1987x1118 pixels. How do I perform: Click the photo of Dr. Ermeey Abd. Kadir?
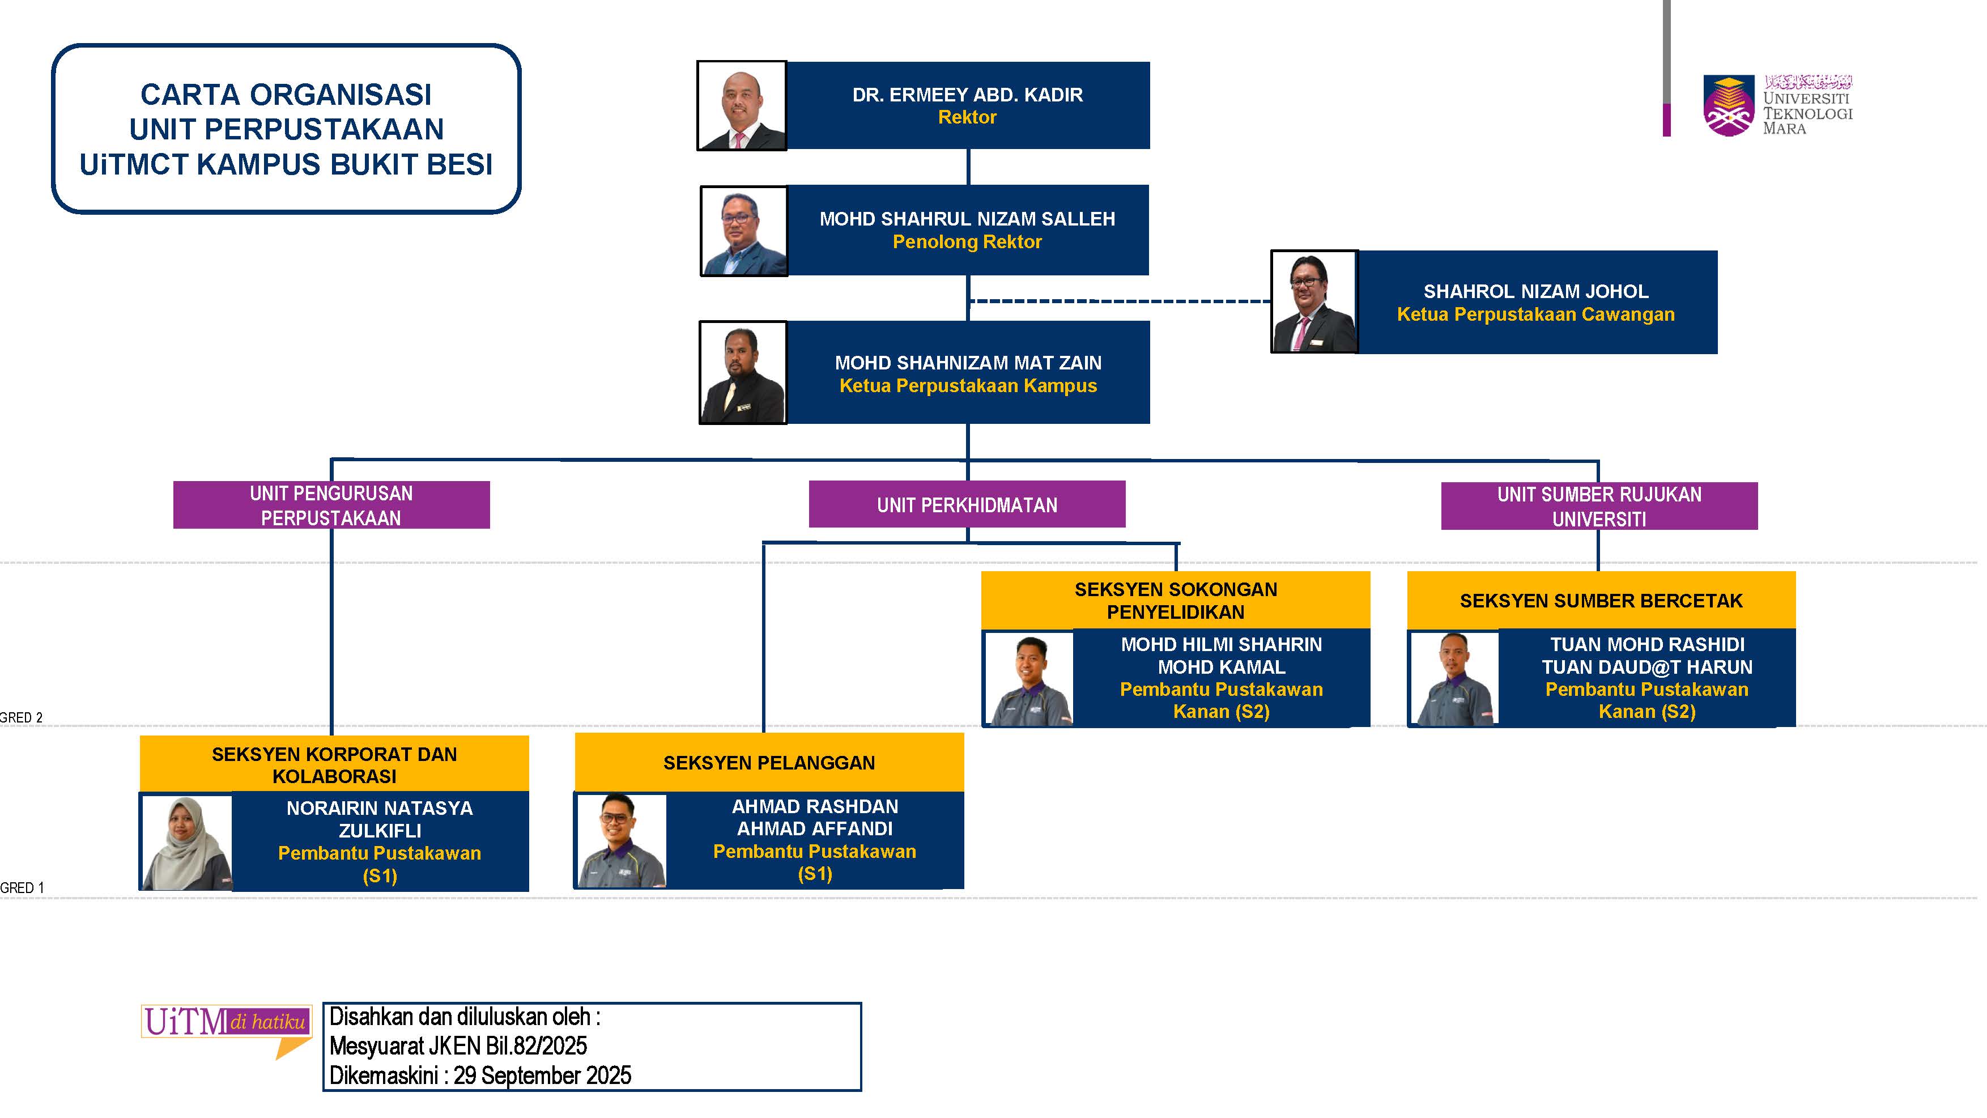point(741,106)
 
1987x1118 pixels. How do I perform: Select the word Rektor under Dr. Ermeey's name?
point(967,117)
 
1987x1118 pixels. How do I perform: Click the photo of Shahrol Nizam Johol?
point(1313,301)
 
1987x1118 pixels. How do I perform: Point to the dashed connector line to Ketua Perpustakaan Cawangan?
point(1118,301)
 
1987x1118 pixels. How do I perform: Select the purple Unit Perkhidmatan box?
point(967,505)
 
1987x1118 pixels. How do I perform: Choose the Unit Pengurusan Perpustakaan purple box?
point(331,505)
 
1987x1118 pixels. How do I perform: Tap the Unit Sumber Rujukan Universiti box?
point(1598,506)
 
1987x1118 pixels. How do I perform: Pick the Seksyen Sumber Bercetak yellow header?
point(1601,600)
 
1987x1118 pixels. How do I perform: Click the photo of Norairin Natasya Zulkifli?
point(186,843)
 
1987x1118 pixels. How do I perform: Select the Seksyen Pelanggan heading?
point(768,763)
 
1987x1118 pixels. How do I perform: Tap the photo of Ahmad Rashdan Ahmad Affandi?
point(621,841)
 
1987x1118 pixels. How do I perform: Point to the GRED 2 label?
point(21,717)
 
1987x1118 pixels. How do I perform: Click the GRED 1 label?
point(22,888)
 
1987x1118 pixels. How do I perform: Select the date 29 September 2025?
point(542,1076)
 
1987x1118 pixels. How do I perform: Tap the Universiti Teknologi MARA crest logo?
point(1728,106)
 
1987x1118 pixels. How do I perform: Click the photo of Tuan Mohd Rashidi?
point(1454,679)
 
